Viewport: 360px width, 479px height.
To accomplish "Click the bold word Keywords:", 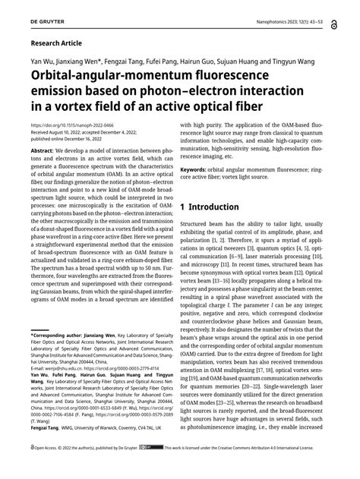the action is (197, 170).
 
